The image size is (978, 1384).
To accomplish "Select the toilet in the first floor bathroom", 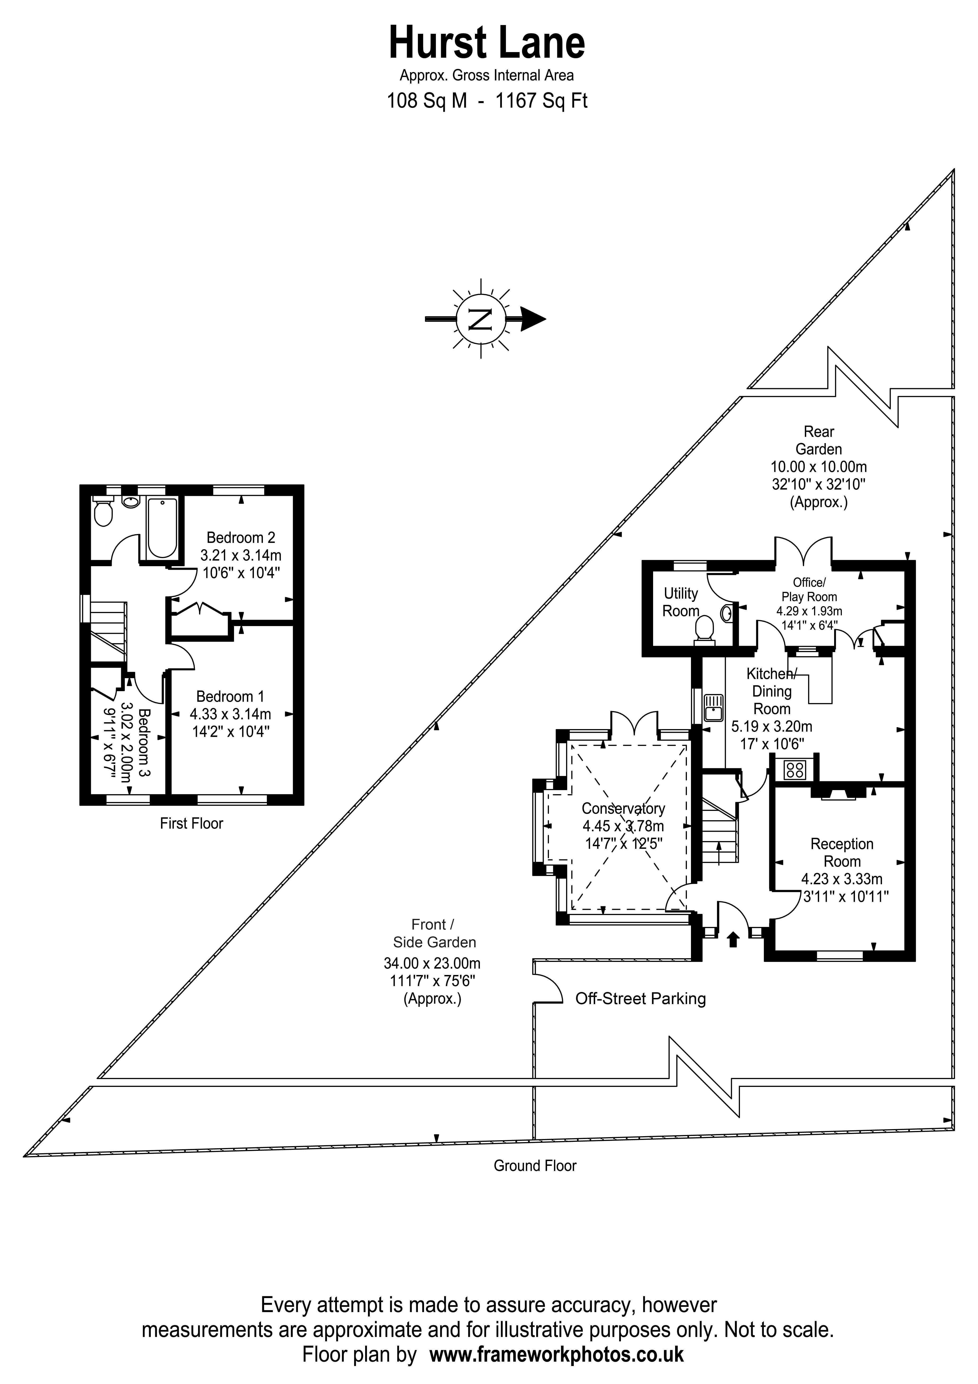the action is click(104, 512).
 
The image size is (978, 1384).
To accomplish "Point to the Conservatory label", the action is click(623, 808).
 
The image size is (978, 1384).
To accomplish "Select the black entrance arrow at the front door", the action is click(733, 940).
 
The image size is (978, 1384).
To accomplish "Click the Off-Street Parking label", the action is click(641, 999).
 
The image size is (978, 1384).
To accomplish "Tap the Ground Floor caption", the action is click(535, 1166).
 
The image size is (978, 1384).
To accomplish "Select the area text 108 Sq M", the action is click(427, 101).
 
